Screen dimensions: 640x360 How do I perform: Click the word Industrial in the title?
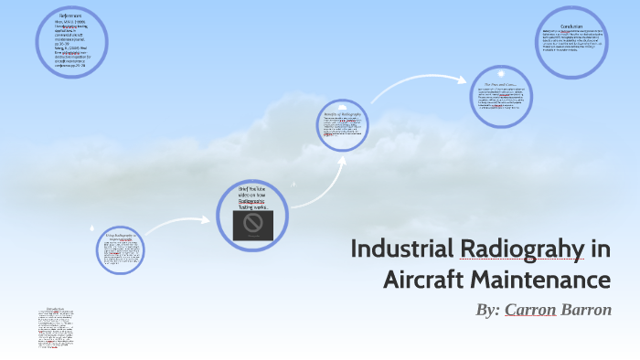[402, 249]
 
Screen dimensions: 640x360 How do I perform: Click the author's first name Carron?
[530, 310]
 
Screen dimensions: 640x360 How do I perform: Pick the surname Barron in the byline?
[587, 310]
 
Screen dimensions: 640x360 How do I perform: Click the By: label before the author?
[487, 310]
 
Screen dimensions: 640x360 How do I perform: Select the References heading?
[70, 16]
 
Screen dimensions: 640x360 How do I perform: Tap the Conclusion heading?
[571, 26]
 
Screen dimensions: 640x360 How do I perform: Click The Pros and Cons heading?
[502, 84]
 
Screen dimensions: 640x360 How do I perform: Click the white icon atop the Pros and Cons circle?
[501, 72]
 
